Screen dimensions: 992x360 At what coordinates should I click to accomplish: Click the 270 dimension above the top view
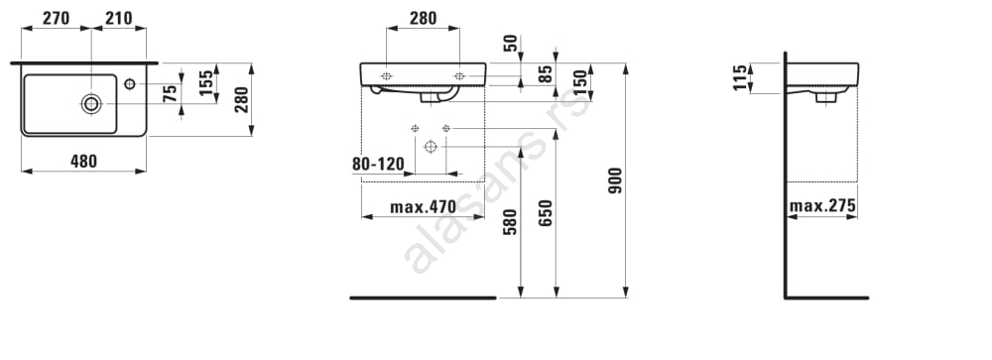point(56,19)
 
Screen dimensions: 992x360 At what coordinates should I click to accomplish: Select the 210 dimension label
point(119,19)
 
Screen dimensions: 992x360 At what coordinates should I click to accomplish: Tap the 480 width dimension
point(83,162)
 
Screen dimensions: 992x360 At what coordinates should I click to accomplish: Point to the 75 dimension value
point(170,94)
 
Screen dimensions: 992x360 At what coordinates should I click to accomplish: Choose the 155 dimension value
point(206,83)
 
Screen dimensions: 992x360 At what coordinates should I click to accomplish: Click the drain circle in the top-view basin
point(91,104)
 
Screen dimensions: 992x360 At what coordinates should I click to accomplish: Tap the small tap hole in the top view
point(130,83)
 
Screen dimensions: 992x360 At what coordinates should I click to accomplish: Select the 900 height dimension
point(615,180)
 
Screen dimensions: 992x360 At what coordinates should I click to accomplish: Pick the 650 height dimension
point(546,212)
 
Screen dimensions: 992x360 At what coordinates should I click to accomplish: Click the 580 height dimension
point(510,222)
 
